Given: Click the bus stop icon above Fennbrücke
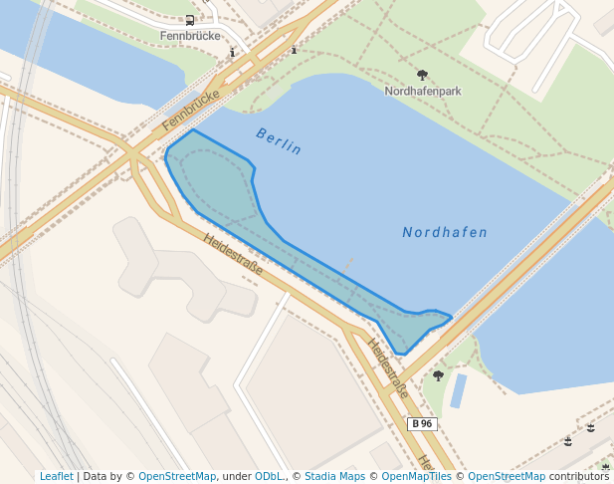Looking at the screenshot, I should tap(189, 20).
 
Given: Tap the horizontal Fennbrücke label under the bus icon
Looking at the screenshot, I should tap(189, 36).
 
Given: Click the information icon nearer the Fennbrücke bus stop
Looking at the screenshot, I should tap(233, 53).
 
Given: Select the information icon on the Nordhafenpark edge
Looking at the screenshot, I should tap(294, 48).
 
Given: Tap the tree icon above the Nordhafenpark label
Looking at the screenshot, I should tap(422, 75).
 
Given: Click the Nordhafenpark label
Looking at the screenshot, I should tap(423, 91).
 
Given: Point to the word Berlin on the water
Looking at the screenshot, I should tap(279, 140).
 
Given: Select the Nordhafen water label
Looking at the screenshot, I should tap(445, 233).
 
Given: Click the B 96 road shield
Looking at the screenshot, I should tap(422, 423).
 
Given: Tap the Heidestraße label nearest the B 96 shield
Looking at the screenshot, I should tap(388, 368).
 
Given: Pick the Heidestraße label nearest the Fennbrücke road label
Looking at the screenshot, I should tap(233, 255).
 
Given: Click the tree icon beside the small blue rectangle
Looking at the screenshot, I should tap(438, 375).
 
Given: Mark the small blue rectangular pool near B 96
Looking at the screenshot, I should tap(458, 391).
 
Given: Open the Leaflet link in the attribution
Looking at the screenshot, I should tap(56, 476).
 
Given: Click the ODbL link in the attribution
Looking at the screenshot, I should tap(270, 476).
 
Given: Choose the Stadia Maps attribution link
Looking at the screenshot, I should tap(334, 476).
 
